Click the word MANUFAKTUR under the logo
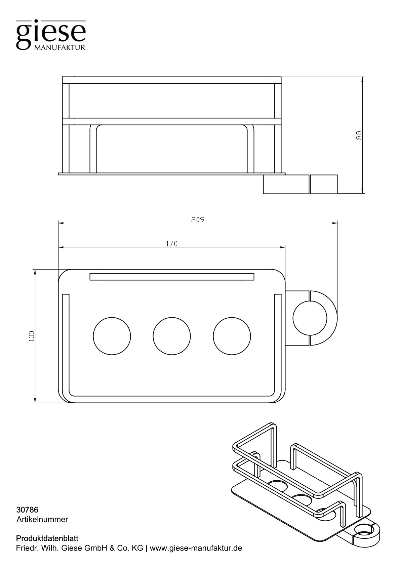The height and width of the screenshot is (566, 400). (x=59, y=48)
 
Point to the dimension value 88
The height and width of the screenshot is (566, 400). (x=359, y=135)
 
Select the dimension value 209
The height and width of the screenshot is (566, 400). (x=198, y=220)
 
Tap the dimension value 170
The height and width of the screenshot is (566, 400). (x=171, y=244)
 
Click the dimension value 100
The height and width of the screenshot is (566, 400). (x=32, y=336)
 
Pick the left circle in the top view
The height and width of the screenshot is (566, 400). (x=112, y=336)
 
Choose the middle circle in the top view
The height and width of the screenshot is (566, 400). (x=172, y=336)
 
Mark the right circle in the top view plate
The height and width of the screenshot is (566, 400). (x=232, y=336)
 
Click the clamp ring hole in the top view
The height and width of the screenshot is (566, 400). (x=310, y=318)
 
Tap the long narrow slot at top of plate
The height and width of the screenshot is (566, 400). (x=172, y=277)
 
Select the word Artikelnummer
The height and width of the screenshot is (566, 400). (x=42, y=519)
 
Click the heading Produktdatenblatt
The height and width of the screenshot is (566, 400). (x=47, y=538)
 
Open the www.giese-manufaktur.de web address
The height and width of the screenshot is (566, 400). (x=196, y=548)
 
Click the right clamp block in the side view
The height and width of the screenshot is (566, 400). (x=324, y=184)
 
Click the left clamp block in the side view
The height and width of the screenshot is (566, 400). (x=286, y=184)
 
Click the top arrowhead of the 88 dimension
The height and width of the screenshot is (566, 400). (x=363, y=79)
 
